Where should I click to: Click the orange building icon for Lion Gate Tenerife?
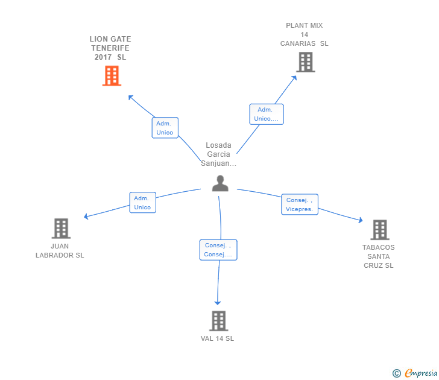112,76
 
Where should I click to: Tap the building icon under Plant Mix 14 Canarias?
306,62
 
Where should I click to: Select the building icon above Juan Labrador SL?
61,229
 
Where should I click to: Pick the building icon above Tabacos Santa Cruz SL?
379,230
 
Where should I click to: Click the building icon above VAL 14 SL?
218,321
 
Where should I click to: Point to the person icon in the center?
220,183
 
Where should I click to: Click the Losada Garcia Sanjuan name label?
218,154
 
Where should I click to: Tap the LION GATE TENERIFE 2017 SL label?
110,48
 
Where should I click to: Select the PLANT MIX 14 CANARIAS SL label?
305,34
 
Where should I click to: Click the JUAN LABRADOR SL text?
60,250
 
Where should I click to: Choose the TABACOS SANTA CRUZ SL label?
379,256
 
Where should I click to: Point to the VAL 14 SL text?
217,338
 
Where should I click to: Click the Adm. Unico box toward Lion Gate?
165,128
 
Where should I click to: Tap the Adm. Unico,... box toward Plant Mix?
267,114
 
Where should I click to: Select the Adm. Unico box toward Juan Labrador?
142,203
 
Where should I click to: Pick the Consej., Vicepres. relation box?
300,204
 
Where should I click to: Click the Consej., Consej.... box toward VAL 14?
218,250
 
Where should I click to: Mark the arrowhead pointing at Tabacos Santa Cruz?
360,221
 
